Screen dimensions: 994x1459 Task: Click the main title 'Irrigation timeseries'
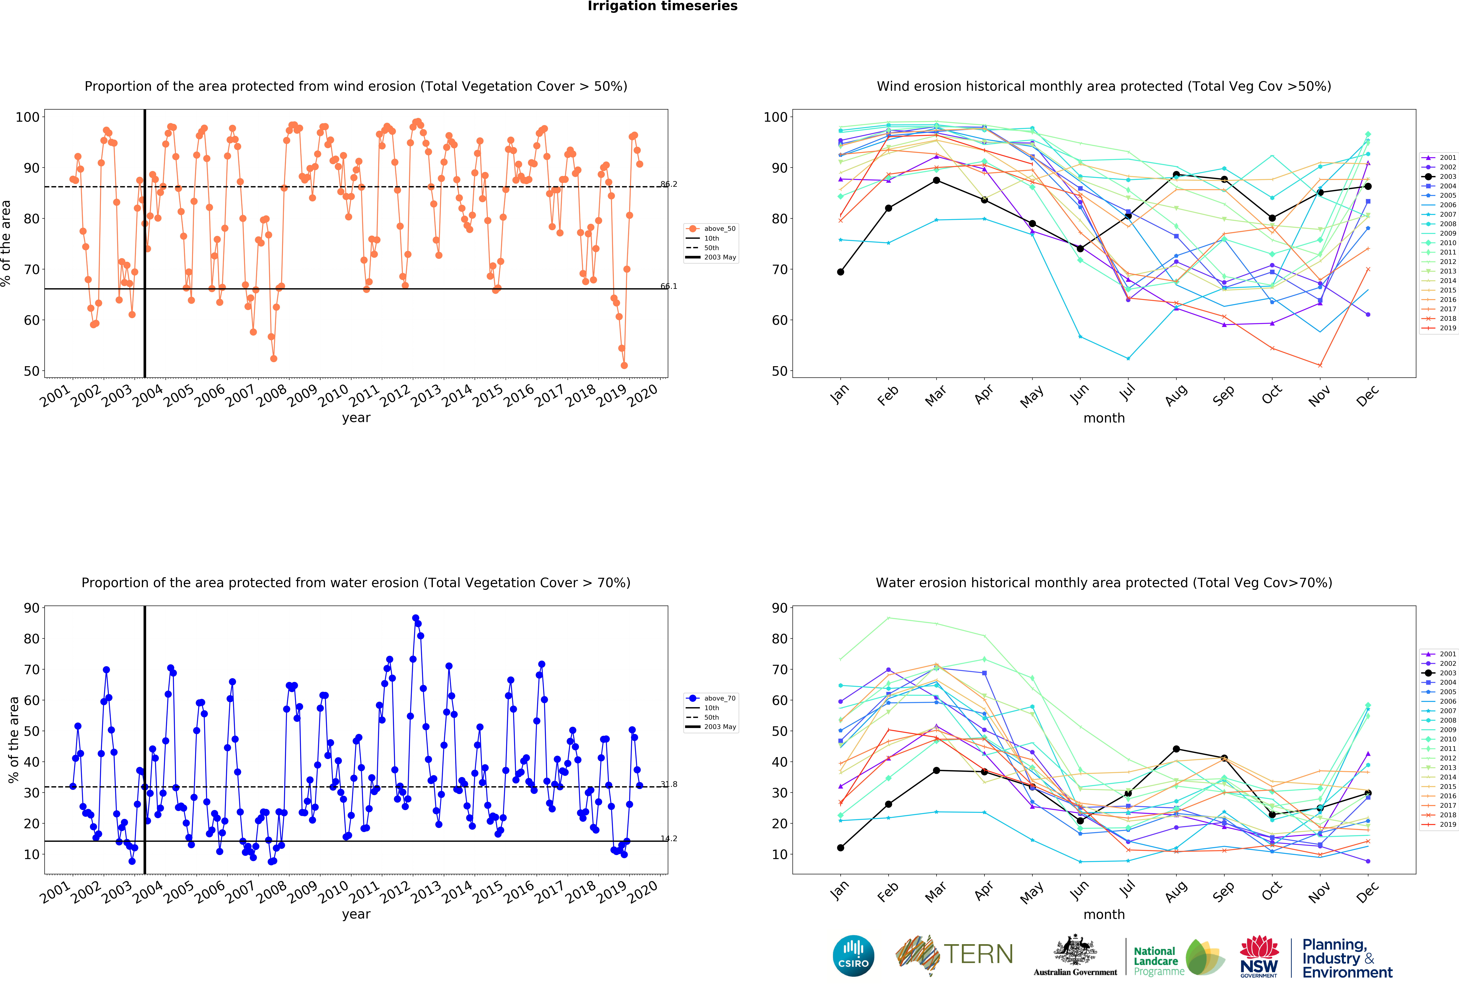pyautogui.click(x=662, y=6)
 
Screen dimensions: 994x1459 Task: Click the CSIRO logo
pyautogui.click(x=853, y=956)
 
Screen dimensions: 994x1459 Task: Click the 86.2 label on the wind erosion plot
pyautogui.click(x=669, y=184)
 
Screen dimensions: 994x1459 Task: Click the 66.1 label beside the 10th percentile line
pyautogui.click(x=669, y=286)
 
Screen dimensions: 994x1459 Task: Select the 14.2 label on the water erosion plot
pyautogui.click(x=669, y=838)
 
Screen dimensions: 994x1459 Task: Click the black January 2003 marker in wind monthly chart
pyautogui.click(x=841, y=272)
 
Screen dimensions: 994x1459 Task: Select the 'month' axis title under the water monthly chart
pyautogui.click(x=1104, y=914)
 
